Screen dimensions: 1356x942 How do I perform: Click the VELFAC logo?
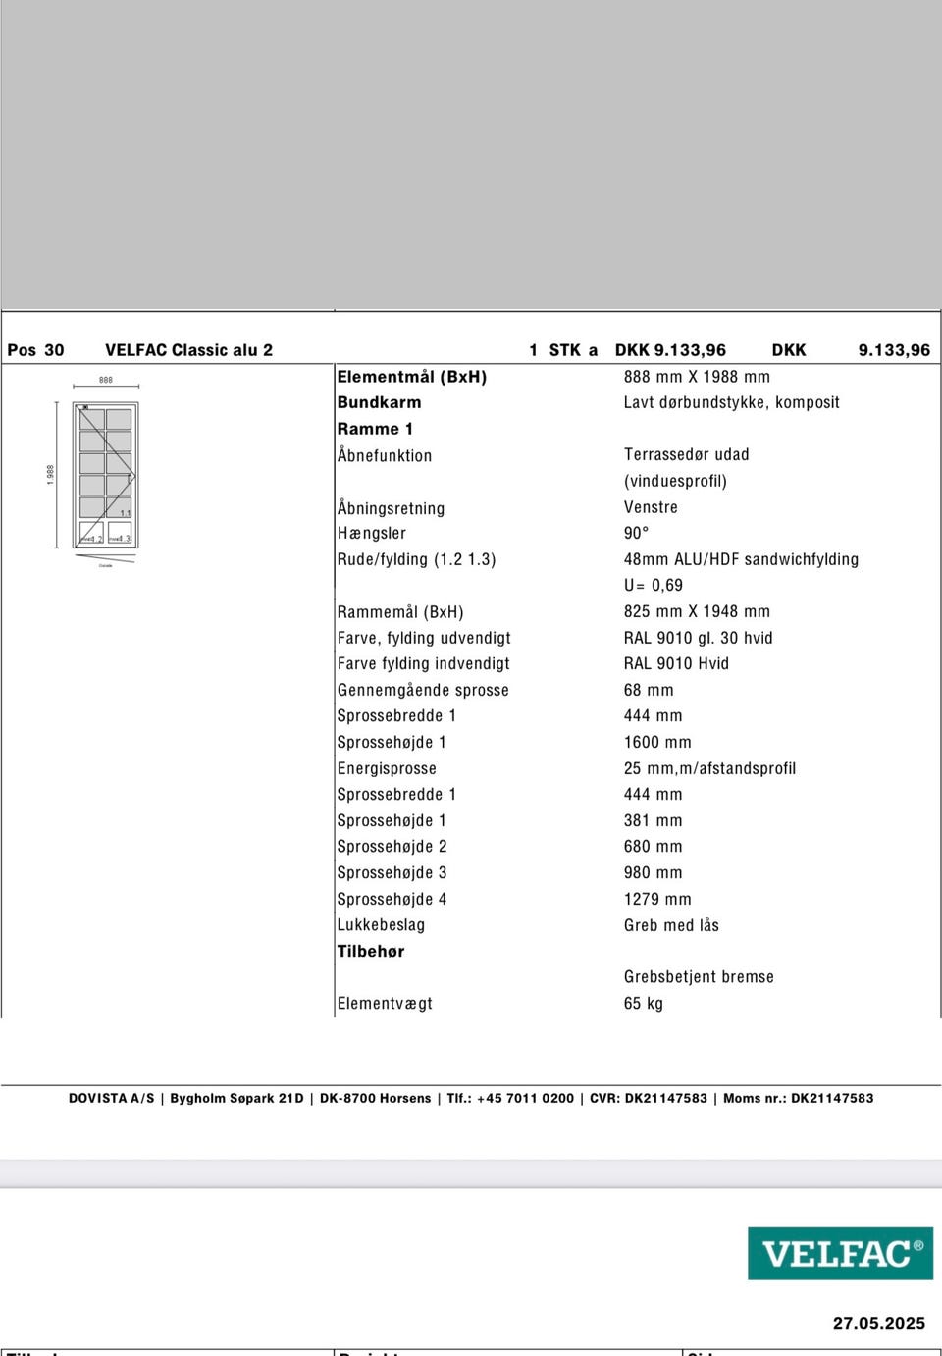click(840, 1253)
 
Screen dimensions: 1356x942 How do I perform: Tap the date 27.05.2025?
click(878, 1323)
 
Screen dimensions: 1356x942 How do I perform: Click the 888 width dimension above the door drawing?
click(106, 380)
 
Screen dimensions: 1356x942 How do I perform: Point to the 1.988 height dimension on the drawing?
click(50, 474)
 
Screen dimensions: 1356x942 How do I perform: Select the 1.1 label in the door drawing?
click(125, 513)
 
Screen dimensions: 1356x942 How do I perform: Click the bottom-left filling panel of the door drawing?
click(91, 533)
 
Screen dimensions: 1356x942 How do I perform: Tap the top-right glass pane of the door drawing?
click(119, 419)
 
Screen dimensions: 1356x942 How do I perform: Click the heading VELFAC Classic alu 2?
click(188, 350)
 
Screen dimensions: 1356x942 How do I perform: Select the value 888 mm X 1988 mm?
click(697, 377)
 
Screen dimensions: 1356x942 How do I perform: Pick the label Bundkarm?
click(379, 402)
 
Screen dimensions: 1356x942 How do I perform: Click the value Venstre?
click(651, 507)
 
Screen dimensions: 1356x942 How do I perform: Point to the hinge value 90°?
click(636, 533)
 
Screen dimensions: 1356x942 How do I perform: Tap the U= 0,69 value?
click(653, 585)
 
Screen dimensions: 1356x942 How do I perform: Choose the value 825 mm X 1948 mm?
click(697, 611)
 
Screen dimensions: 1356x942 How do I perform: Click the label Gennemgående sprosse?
click(423, 690)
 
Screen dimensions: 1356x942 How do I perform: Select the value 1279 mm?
click(657, 899)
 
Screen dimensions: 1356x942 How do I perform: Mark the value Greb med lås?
click(671, 925)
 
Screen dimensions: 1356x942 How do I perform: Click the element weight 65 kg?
click(644, 1003)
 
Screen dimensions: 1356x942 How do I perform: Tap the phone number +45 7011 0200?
click(525, 1098)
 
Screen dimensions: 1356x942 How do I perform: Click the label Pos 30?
click(35, 350)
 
